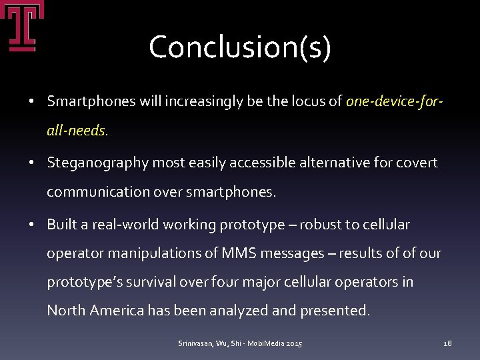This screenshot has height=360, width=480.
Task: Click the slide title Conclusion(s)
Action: (x=240, y=47)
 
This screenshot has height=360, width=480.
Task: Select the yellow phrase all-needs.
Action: (x=77, y=131)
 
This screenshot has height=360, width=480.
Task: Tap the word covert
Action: (x=417, y=163)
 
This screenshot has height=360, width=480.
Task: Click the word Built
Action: (x=61, y=225)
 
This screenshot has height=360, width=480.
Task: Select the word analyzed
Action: (x=273, y=311)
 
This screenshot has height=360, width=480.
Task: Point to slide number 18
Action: (x=447, y=343)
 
